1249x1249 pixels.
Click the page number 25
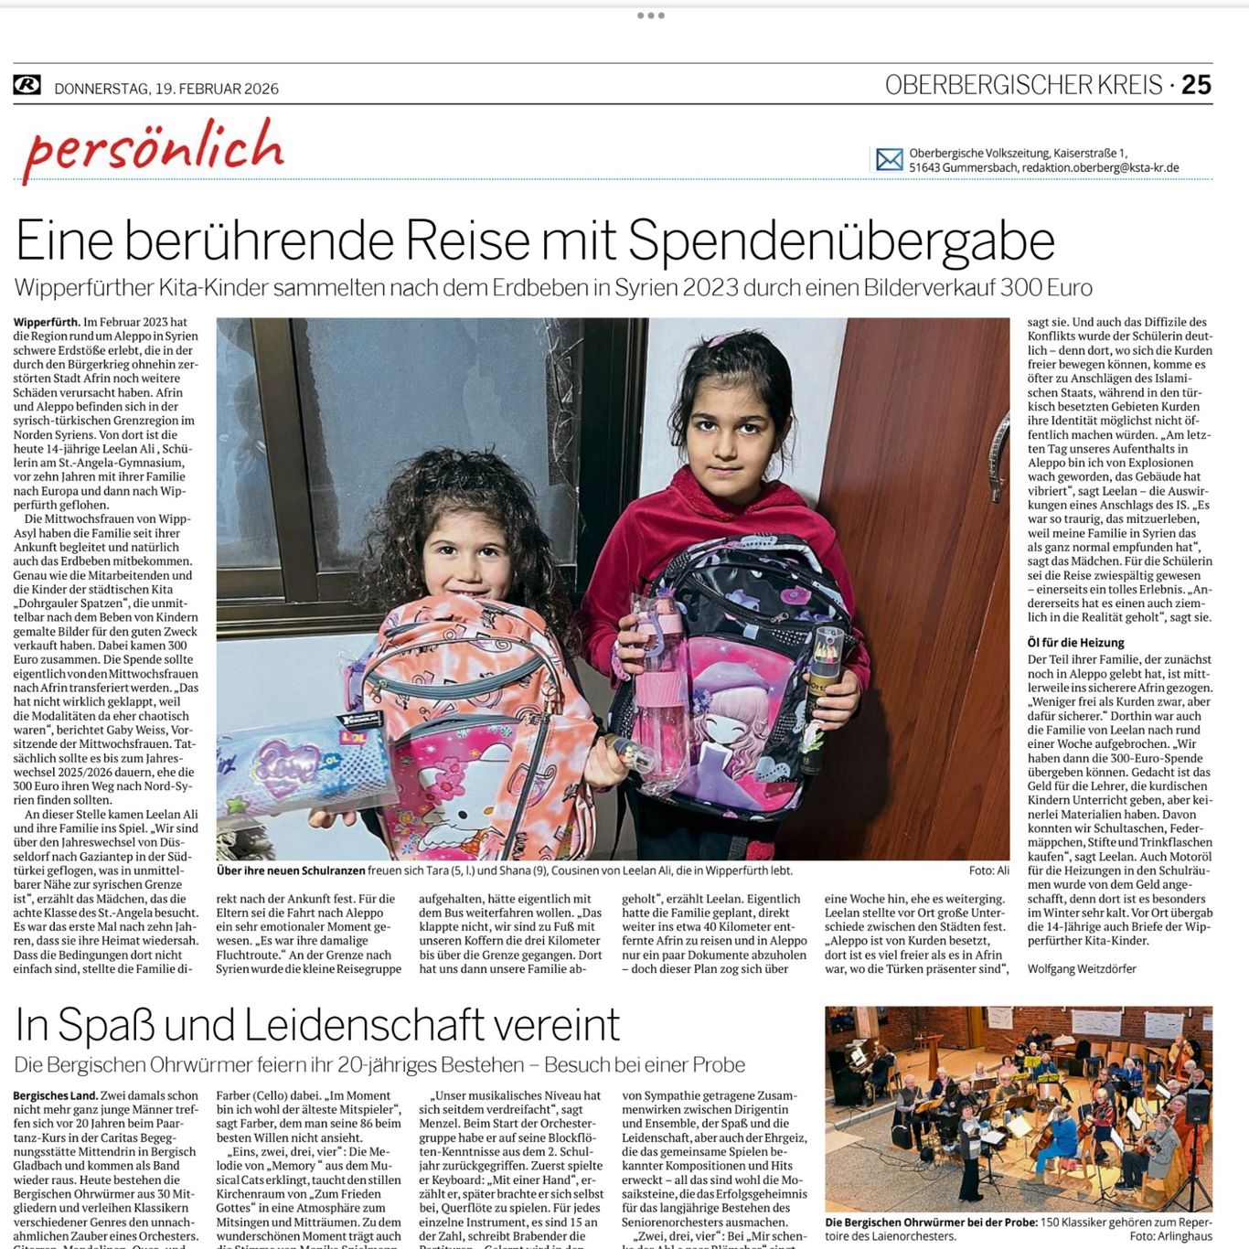(1196, 85)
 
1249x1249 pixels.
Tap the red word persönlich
(154, 149)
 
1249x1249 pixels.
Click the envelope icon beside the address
(889, 160)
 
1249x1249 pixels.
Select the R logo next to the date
(27, 85)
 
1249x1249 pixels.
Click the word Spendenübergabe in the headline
(841, 241)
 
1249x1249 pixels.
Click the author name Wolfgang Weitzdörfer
(1082, 968)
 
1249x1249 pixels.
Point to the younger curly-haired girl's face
(468, 550)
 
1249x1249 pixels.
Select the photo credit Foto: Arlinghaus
(1170, 1236)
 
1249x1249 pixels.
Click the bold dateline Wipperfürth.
(46, 322)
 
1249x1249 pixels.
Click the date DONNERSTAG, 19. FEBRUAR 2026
(166, 89)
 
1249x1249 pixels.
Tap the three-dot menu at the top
(650, 16)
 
